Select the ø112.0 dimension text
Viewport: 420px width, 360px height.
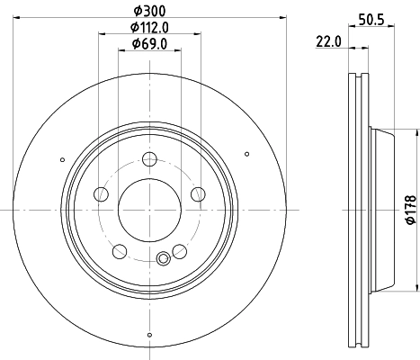[x=149, y=27]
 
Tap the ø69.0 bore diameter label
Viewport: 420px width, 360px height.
[x=149, y=43]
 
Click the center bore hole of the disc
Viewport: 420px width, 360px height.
[x=149, y=210]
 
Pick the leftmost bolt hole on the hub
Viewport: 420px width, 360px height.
[x=102, y=194]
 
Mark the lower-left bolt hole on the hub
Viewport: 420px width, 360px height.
[x=120, y=250]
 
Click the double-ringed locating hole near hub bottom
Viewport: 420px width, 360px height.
[x=163, y=260]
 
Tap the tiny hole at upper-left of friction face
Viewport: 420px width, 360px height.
[x=62, y=160]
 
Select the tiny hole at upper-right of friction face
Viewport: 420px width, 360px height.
[x=237, y=160]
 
